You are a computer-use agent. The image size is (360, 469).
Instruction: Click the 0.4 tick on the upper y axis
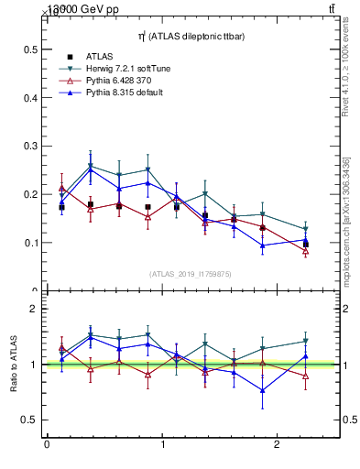pos(30,97)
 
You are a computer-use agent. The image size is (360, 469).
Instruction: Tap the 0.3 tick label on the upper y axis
pos(30,146)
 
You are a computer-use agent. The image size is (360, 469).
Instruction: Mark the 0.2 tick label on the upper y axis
pos(30,194)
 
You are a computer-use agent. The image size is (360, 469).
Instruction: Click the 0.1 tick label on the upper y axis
pos(30,243)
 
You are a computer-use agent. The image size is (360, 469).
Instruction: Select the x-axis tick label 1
pos(163,444)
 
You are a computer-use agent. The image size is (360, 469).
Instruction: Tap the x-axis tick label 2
pos(278,444)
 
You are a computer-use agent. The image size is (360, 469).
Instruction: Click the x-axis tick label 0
pos(47,444)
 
